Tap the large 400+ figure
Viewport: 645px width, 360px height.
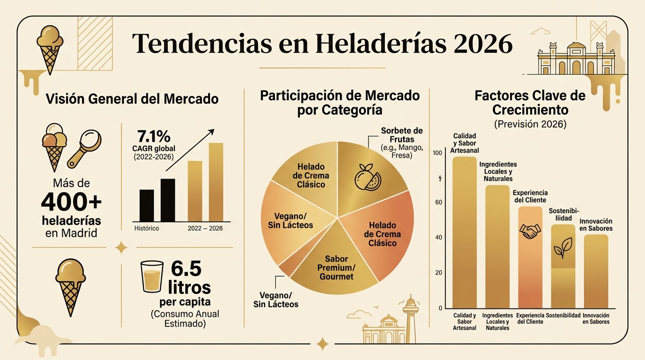point(71,202)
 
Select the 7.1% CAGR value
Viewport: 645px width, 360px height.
point(154,136)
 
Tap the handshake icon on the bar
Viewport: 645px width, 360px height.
point(530,230)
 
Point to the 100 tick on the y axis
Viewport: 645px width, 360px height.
point(437,153)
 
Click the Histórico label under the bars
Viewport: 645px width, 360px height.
point(146,228)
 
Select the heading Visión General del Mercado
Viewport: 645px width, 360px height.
point(132,99)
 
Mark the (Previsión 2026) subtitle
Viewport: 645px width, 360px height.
point(530,124)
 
